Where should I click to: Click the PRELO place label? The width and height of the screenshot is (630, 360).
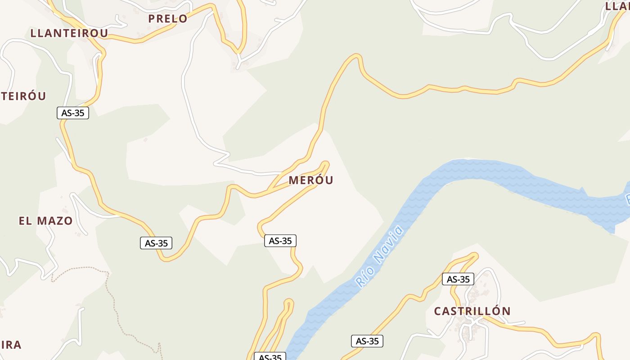click(167, 19)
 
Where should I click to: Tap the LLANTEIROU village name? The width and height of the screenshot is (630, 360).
click(69, 33)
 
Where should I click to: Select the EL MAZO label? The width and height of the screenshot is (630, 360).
click(45, 221)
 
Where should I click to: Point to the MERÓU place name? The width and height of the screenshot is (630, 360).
click(311, 180)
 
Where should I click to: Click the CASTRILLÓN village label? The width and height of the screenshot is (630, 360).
click(472, 311)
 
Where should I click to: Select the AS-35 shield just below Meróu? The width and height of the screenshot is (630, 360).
click(280, 241)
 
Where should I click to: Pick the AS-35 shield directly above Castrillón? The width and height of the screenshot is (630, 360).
click(458, 279)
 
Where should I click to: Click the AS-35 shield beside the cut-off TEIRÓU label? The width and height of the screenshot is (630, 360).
click(73, 113)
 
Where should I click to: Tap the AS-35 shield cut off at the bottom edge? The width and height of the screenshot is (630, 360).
click(270, 357)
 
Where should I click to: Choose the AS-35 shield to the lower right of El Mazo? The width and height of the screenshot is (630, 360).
click(156, 243)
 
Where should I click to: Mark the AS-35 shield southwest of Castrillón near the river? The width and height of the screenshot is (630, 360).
click(367, 342)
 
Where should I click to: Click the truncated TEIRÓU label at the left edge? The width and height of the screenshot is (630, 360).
click(23, 96)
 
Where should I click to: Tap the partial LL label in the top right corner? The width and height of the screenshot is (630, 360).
click(617, 6)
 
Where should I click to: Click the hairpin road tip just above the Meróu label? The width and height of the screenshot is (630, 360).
click(325, 163)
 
